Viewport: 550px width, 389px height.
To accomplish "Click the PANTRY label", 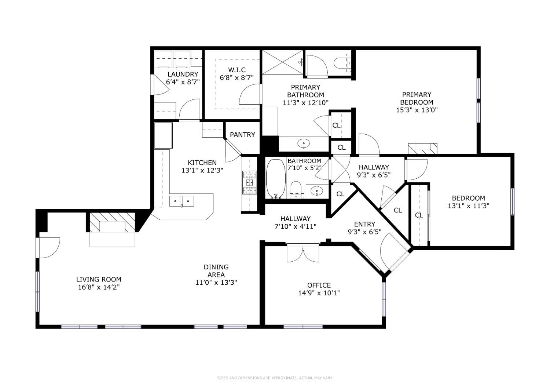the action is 242,134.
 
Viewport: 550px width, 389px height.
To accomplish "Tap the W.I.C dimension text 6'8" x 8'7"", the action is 237,78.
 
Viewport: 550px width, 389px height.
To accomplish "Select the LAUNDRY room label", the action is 183,74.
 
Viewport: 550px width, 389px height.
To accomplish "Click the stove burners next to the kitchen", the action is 249,182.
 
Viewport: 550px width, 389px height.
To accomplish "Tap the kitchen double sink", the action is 181,201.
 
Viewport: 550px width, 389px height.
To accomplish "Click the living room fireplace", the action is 112,222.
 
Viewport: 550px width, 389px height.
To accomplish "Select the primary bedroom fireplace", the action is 422,149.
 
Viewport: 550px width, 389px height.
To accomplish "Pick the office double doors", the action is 303,253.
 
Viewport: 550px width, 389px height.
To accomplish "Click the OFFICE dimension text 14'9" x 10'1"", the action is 319,293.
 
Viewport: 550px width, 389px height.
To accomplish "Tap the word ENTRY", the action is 364,224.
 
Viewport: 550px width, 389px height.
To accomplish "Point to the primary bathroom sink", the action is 304,143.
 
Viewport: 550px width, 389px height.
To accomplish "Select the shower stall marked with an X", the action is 282,62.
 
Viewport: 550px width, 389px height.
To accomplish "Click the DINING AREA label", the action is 216,271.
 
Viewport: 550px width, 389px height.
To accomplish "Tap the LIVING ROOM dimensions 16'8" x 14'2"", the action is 99,287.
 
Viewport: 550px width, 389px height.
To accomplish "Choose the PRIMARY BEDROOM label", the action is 417,98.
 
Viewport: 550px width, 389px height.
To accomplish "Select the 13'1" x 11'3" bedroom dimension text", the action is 469,206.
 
